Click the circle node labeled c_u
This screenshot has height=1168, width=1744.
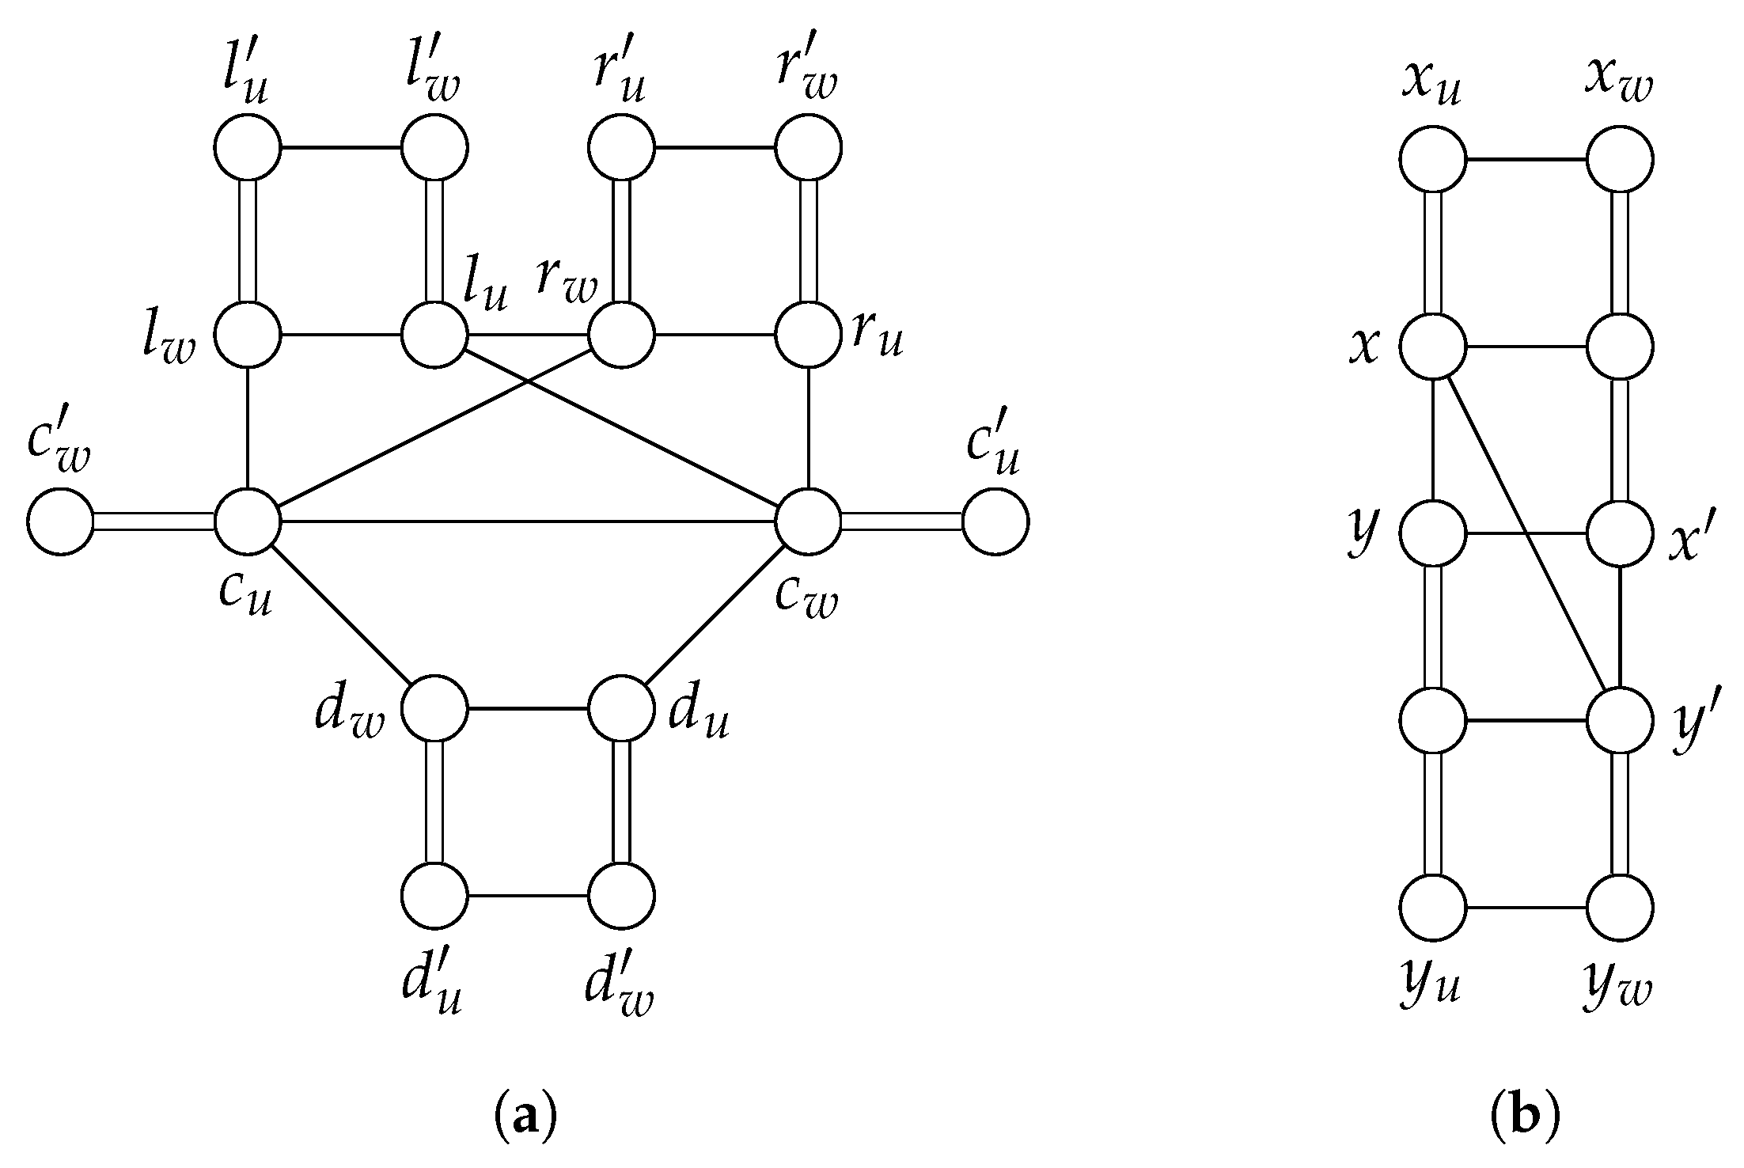tap(248, 521)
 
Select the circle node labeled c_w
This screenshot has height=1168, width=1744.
tap(808, 521)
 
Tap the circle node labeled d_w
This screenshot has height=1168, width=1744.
tap(434, 708)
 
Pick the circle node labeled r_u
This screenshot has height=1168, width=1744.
tap(808, 335)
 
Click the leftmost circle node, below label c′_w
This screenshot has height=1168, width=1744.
tap(60, 521)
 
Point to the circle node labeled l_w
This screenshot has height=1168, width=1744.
tap(248, 335)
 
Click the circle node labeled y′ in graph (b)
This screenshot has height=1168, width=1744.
tap(1620, 721)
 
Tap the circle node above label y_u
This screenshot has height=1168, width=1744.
tap(1432, 907)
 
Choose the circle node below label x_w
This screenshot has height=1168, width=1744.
tap(1620, 160)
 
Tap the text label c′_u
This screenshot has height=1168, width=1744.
tap(991, 453)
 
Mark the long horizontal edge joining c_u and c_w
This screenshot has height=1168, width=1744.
tap(528, 521)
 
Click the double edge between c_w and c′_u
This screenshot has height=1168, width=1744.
tap(901, 521)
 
